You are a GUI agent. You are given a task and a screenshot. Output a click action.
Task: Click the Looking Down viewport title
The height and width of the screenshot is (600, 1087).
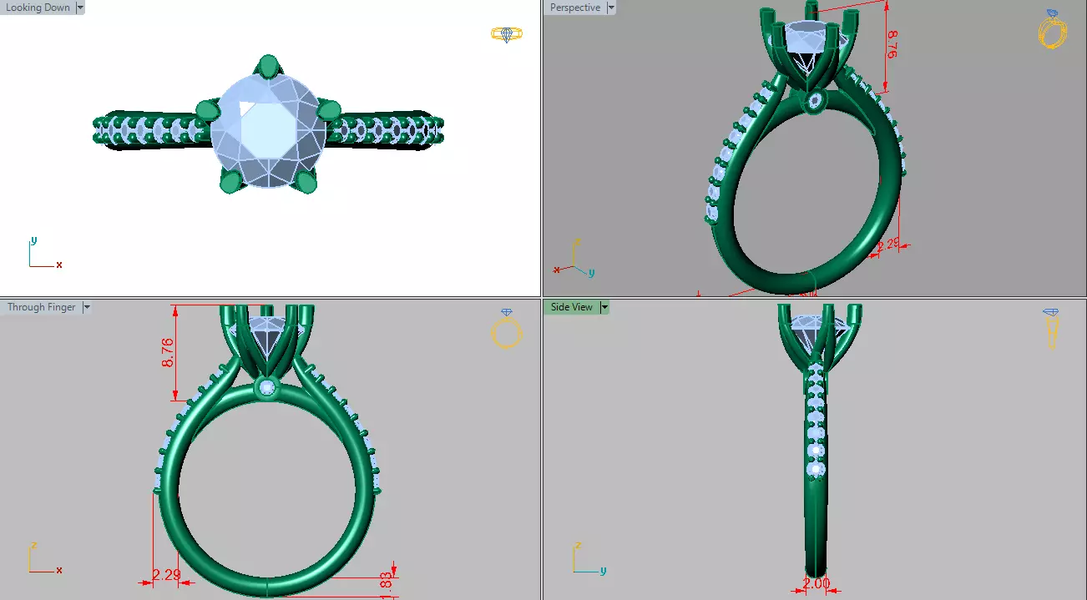[38, 8]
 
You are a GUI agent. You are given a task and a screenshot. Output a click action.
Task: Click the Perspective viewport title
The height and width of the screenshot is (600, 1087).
[574, 8]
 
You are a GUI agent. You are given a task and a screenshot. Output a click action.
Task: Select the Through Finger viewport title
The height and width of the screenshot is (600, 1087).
[41, 307]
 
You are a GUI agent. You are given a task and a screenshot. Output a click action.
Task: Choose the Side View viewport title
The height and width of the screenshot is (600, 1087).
[571, 307]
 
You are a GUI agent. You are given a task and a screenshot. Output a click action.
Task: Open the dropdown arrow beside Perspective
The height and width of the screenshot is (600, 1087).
[611, 8]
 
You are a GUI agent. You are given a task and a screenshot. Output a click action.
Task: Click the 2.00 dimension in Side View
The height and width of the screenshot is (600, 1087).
[817, 584]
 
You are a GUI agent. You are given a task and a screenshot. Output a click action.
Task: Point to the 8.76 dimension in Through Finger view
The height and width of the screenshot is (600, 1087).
[168, 352]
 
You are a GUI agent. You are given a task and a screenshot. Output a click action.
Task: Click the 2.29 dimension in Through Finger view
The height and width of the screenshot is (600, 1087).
[166, 575]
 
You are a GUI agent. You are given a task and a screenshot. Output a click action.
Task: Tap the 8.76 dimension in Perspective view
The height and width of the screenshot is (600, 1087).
[892, 45]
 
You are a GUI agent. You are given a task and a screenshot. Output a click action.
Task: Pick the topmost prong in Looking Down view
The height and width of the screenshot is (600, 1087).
[268, 66]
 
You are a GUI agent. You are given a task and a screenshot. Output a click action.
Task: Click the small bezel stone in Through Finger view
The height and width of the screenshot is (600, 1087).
[267, 387]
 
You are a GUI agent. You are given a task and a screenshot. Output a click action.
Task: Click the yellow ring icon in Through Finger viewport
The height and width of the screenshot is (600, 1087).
[507, 330]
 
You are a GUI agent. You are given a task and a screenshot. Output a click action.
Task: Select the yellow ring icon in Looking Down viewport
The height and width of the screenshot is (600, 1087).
[506, 34]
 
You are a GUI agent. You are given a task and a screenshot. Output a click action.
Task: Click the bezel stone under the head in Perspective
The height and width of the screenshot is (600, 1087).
[815, 102]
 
